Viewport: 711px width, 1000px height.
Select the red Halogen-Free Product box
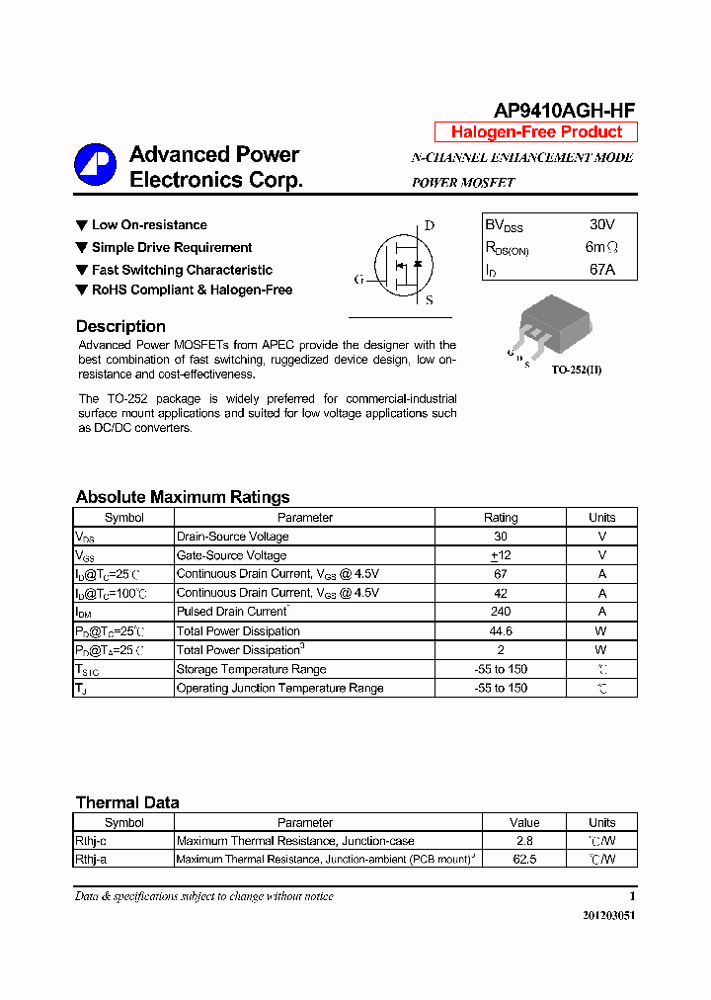[x=536, y=132]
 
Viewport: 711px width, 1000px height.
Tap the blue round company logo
[x=95, y=165]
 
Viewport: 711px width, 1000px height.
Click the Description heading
[x=120, y=326]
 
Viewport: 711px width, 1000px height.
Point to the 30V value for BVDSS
[x=600, y=225]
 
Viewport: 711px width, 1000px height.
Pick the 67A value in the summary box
[x=600, y=269]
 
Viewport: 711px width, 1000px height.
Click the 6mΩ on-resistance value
[x=601, y=247]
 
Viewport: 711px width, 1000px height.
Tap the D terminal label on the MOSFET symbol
[x=430, y=225]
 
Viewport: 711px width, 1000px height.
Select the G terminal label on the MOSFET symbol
[x=358, y=280]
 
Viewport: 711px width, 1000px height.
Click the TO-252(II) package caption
[x=576, y=370]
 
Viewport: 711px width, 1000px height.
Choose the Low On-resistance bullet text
[x=149, y=225]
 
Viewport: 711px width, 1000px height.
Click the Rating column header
[x=501, y=518]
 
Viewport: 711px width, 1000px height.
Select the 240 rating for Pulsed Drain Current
[x=501, y=612]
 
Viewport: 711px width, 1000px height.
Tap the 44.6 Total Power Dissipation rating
[x=501, y=630]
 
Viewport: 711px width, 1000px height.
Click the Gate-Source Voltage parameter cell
[x=231, y=555]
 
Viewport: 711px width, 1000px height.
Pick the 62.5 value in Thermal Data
[x=524, y=860]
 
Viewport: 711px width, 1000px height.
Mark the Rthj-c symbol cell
[x=91, y=841]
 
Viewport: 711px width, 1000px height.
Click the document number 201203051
[x=608, y=915]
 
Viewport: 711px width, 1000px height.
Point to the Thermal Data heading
[x=127, y=802]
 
